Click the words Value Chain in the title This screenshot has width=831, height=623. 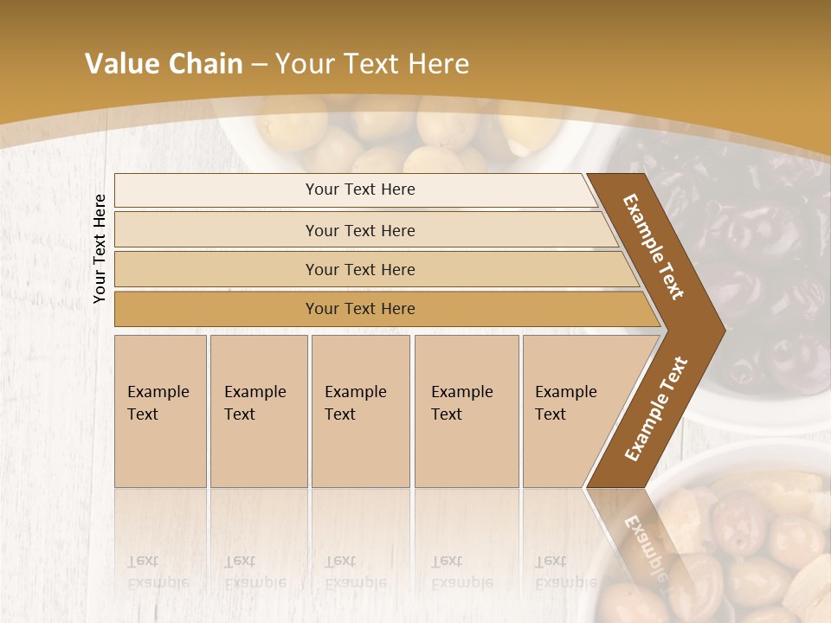click(x=164, y=64)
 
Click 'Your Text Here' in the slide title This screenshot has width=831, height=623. click(x=372, y=64)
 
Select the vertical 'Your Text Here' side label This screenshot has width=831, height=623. click(x=100, y=248)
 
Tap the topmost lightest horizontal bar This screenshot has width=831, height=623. click(x=360, y=189)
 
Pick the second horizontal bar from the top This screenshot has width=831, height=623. click(x=360, y=230)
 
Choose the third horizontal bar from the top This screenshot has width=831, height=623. click(x=360, y=269)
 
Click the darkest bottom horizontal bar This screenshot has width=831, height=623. click(x=360, y=309)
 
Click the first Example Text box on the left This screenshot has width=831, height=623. click(x=160, y=411)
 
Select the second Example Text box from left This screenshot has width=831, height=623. click(x=258, y=411)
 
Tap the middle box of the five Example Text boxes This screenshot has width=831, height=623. click(x=360, y=411)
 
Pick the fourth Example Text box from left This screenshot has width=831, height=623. click(x=467, y=411)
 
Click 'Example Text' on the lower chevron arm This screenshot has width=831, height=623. click(x=656, y=408)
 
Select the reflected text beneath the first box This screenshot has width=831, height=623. click(x=158, y=572)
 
